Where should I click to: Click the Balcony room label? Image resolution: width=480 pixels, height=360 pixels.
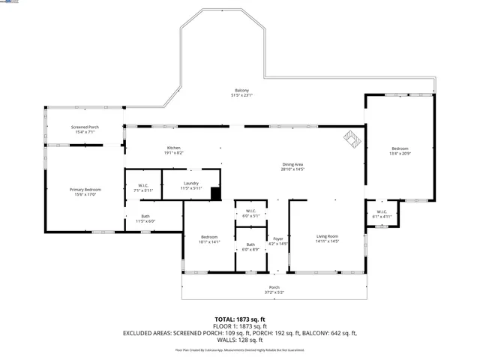click(241, 93)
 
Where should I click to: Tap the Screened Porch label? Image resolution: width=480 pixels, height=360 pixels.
click(85, 130)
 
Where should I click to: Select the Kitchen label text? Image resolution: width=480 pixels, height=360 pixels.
click(174, 150)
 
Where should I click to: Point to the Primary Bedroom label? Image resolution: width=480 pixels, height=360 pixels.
click(85, 192)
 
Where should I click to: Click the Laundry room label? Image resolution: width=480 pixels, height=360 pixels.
click(190, 185)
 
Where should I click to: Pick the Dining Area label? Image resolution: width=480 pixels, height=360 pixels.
click(292, 166)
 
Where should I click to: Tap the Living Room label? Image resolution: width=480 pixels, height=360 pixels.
click(327, 238)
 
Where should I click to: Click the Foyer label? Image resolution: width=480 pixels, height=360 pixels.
click(277, 241)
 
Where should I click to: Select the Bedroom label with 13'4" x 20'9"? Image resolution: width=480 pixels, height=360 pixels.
click(399, 151)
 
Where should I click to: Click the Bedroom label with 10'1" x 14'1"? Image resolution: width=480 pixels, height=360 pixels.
click(208, 239)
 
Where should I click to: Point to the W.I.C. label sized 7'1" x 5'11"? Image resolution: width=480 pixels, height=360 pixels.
click(142, 188)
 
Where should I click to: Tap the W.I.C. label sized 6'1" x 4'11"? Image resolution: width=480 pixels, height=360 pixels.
click(381, 214)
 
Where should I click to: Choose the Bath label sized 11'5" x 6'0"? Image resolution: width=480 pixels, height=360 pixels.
click(145, 219)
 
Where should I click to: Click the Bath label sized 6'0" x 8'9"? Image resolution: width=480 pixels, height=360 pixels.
click(250, 247)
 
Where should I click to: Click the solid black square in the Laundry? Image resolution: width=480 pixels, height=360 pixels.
click(216, 194)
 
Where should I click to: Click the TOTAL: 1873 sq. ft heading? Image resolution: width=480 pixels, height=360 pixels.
click(240, 319)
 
